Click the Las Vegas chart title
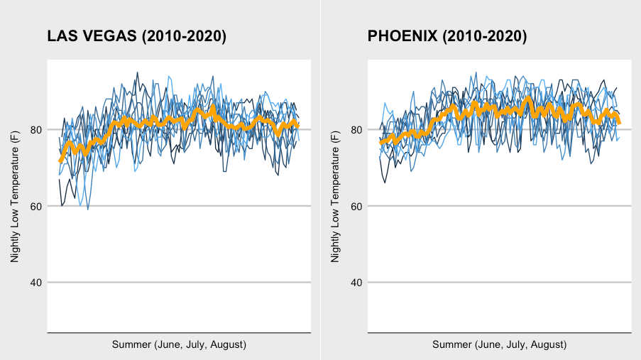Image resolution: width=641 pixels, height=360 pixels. pos(136,37)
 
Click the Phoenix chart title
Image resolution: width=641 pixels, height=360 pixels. pos(447,37)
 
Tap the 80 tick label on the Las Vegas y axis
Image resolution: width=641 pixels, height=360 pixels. pos(35,130)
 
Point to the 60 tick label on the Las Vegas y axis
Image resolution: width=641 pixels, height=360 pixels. pos(35,207)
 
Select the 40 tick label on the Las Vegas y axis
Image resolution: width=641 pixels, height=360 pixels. pos(35,283)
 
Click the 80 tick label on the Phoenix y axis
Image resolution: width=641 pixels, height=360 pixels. pos(356,130)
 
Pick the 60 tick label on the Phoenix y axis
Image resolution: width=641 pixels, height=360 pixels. pos(356,207)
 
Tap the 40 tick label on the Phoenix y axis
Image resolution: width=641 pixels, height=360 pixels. pos(356,283)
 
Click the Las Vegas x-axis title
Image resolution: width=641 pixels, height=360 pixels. pos(179,345)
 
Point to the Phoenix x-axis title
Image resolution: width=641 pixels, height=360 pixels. pos(500,345)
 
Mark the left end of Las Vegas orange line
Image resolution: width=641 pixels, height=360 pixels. pos(60,161)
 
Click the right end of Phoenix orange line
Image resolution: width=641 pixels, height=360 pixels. pos(620,124)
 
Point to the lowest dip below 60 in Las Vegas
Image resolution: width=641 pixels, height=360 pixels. pos(88,209)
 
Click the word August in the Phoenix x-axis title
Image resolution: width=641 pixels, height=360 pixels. pos(547,345)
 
